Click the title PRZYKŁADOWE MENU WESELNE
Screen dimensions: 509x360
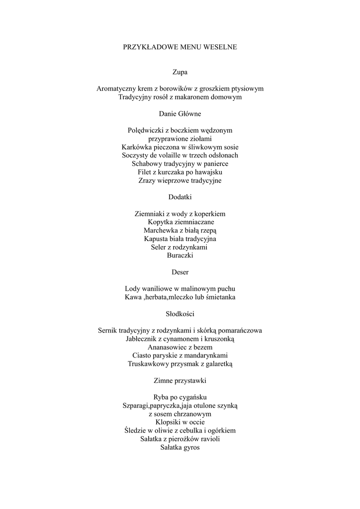[180, 47]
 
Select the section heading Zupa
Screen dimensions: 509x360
[180, 72]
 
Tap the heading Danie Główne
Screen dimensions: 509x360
[180, 114]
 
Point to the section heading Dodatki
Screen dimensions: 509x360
[180, 197]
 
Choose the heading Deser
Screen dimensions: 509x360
[180, 272]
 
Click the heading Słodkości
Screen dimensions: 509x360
[180, 314]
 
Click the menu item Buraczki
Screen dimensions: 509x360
[180, 255]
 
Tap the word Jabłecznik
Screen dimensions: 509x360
[144, 339]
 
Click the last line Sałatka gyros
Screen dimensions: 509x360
[180, 447]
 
